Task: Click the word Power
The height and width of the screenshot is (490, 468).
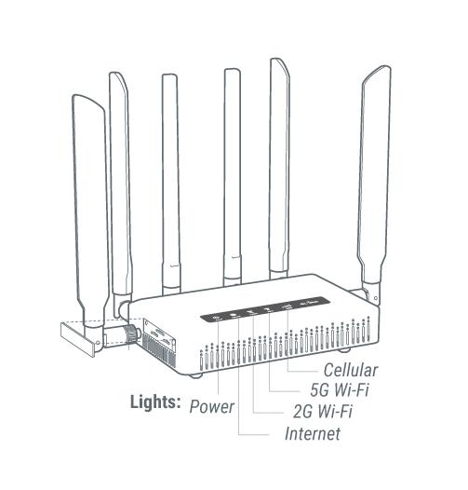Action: [x=212, y=407]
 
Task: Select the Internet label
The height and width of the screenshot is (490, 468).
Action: [x=313, y=434]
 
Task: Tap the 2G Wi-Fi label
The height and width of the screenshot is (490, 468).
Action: [x=323, y=411]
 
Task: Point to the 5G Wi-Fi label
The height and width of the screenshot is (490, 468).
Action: [x=340, y=389]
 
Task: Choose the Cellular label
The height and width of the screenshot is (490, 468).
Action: [x=351, y=370]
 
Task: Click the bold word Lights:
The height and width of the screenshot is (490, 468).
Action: [x=155, y=402]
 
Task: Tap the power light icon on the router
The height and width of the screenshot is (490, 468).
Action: [x=217, y=319]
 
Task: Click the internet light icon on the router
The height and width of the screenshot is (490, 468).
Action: [x=234, y=315]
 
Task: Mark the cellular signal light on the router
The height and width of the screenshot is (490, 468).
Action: [x=287, y=306]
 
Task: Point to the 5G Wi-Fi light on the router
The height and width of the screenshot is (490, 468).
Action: [x=268, y=309]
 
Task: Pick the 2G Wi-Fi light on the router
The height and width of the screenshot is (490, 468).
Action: [x=250, y=312]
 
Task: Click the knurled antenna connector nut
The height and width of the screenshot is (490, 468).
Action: [x=131, y=333]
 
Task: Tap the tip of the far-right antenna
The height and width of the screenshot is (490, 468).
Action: [x=385, y=67]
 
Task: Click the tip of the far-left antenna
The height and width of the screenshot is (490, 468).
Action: [x=78, y=96]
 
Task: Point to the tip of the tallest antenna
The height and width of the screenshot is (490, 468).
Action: [x=275, y=60]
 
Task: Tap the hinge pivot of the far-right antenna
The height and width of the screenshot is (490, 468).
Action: [x=375, y=298]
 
